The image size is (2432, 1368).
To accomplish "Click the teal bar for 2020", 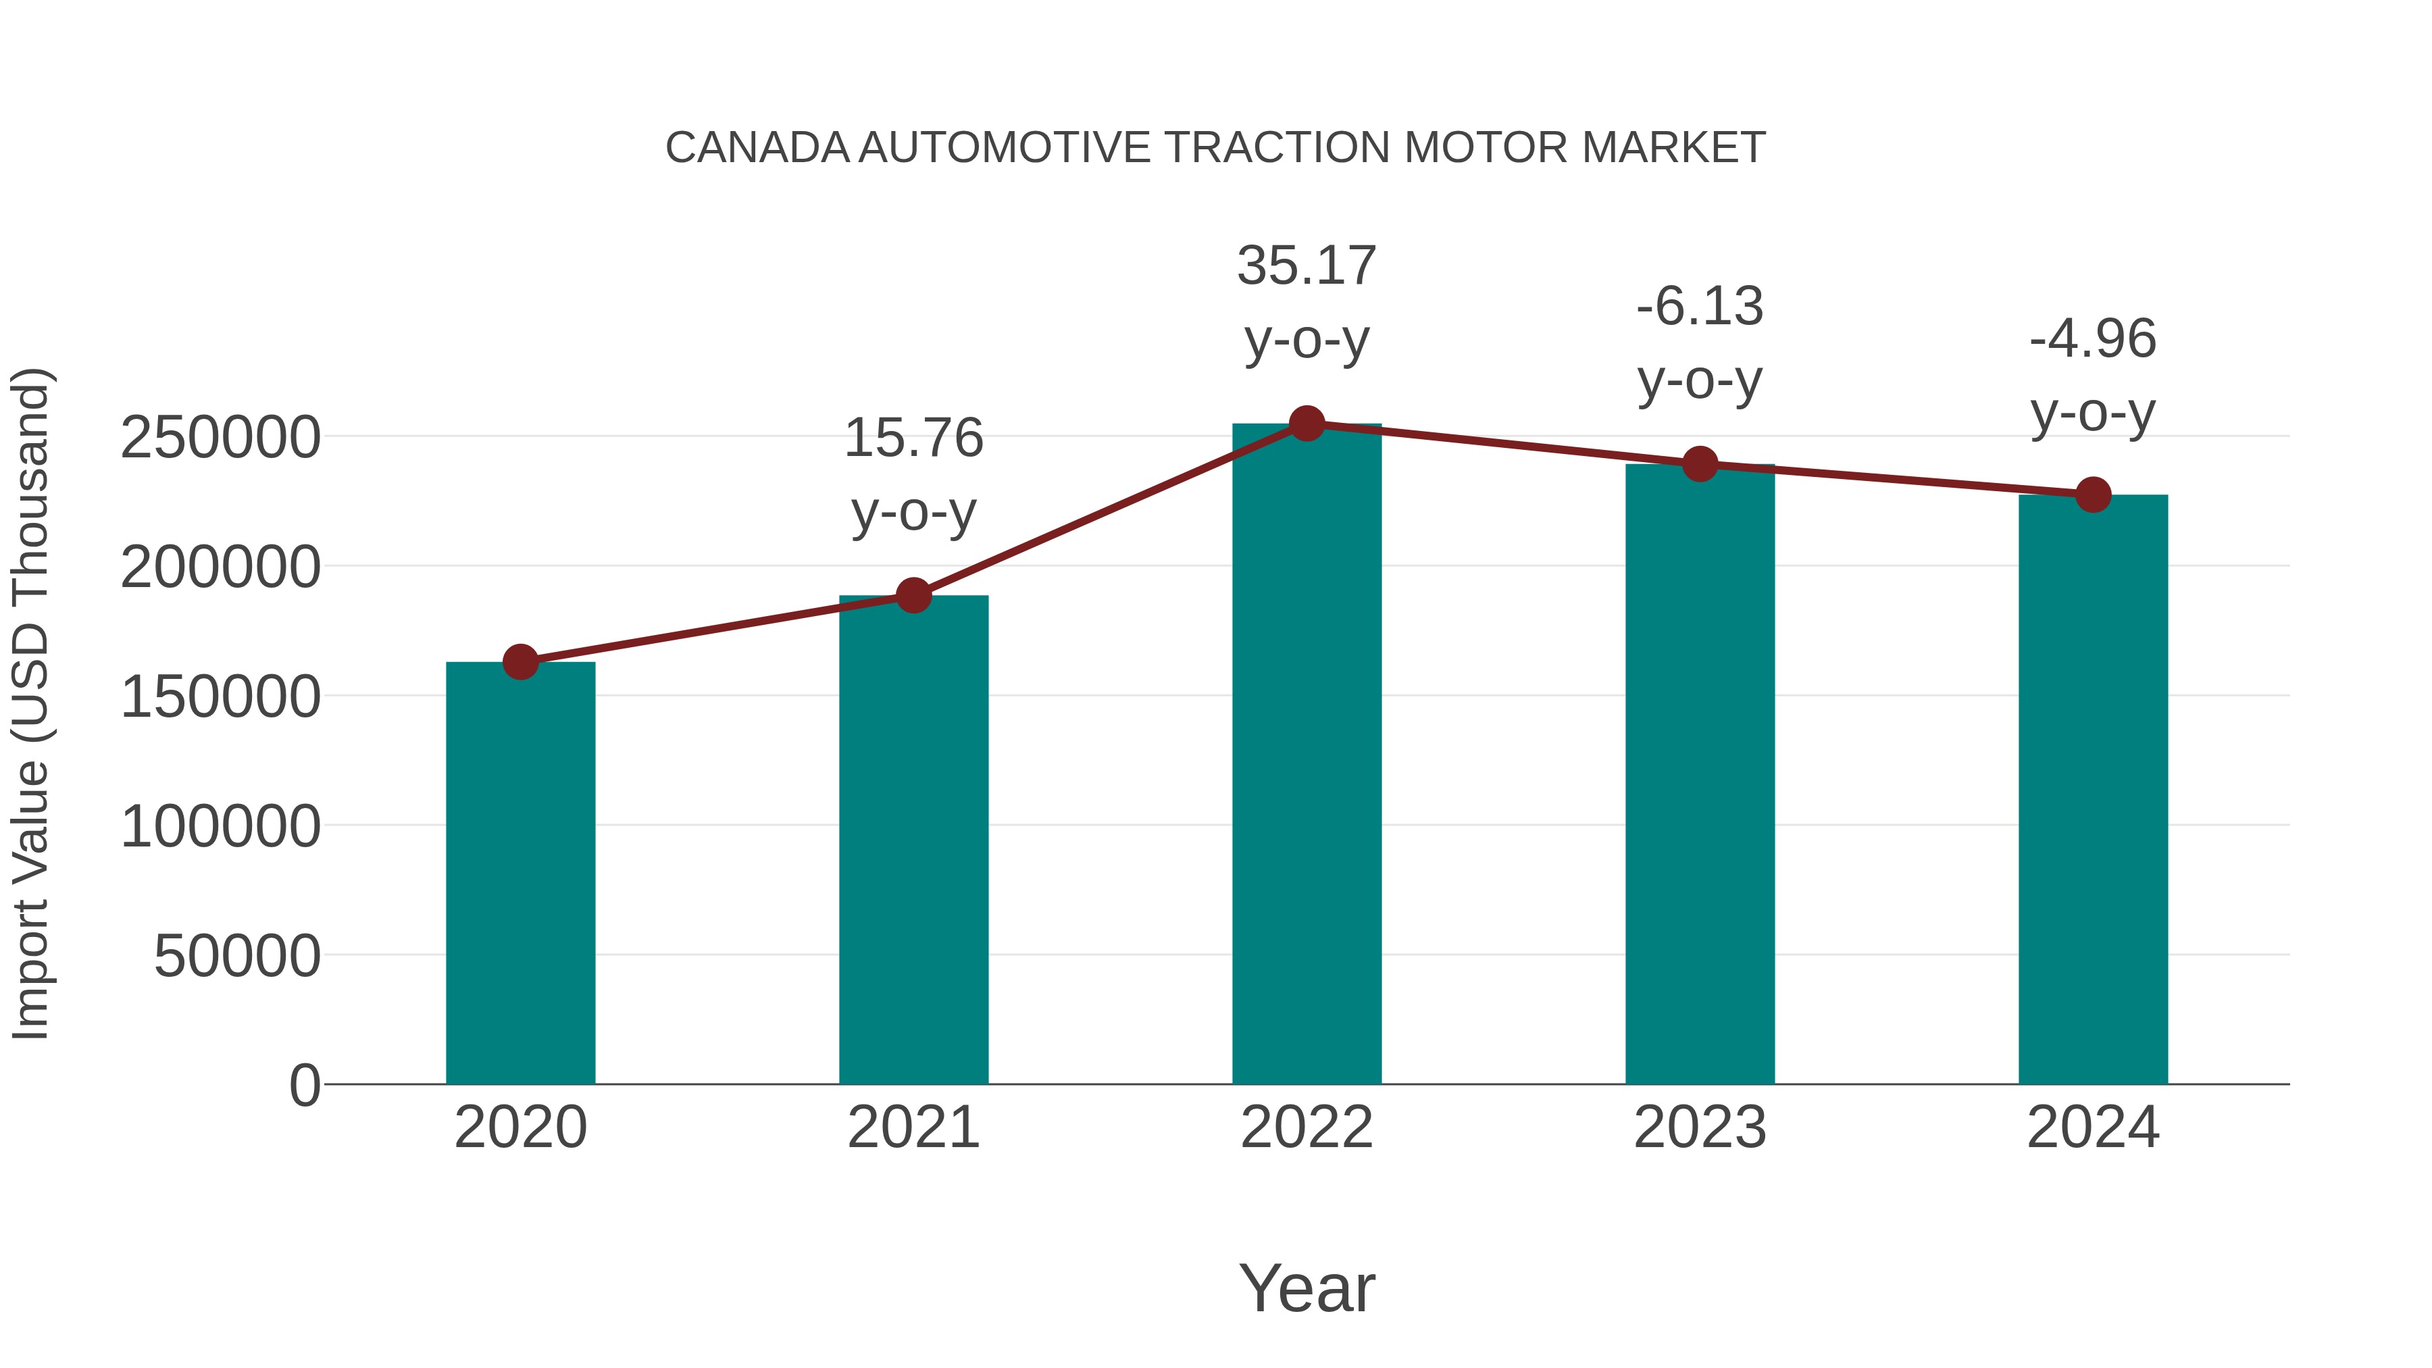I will (x=520, y=873).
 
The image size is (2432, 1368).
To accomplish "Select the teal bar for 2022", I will (x=1307, y=755).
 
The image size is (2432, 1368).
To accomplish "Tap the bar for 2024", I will (x=2093, y=789).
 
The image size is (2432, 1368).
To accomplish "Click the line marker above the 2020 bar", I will (x=520, y=662).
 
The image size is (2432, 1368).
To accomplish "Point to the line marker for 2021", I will (x=913, y=594).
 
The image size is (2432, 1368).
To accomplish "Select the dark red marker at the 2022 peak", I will (x=1307, y=424).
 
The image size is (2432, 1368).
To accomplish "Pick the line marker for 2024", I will (x=2093, y=495).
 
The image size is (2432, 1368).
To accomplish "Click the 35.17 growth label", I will (x=1307, y=266).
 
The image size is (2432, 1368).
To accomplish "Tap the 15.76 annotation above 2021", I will (x=913, y=439).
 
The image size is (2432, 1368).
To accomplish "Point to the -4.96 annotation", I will (x=2093, y=339).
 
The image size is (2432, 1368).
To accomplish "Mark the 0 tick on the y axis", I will (x=304, y=1086).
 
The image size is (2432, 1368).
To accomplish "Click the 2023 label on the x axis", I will (x=1700, y=1128).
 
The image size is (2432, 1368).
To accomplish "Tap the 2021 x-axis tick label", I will (x=913, y=1128).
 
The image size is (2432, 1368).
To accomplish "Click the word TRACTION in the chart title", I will (x=1277, y=148).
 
